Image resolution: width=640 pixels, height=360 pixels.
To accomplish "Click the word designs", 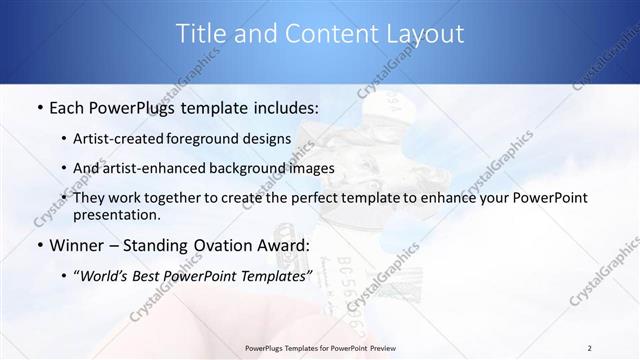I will [270, 140].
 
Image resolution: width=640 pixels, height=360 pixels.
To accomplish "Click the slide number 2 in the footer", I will [589, 348].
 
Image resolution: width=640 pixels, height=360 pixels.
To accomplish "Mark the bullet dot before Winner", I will [38, 245].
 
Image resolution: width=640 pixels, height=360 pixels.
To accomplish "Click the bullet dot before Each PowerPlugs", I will [38, 107].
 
